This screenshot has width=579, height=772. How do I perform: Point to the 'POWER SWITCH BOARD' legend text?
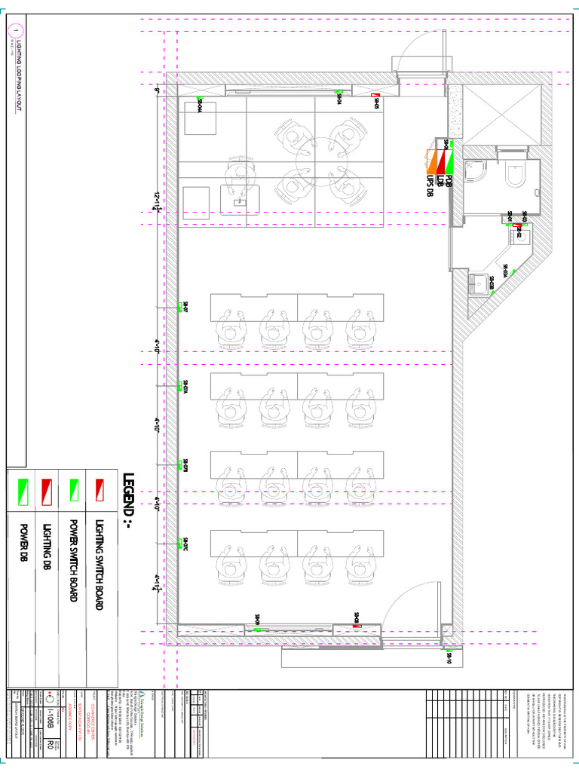[73, 559]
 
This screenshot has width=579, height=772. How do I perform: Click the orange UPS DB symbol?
[431, 160]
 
